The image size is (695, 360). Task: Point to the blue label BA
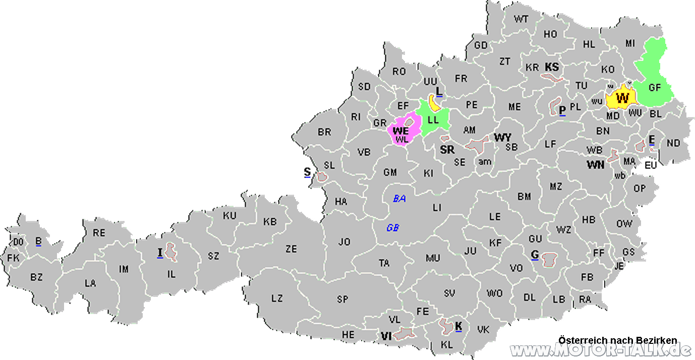click(399, 199)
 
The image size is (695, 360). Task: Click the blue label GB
click(393, 228)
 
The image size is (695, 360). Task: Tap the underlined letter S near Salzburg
click(307, 172)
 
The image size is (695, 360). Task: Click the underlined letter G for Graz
click(535, 255)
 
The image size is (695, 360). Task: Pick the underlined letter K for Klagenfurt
click(458, 326)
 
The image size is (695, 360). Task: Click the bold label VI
click(386, 336)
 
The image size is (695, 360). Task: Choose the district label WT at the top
click(521, 19)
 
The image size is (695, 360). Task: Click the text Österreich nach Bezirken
click(617, 340)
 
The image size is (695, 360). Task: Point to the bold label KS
click(552, 67)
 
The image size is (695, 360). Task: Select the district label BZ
click(36, 277)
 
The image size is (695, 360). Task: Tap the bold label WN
click(596, 164)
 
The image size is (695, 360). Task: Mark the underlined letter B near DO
click(38, 242)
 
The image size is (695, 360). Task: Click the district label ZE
click(291, 249)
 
